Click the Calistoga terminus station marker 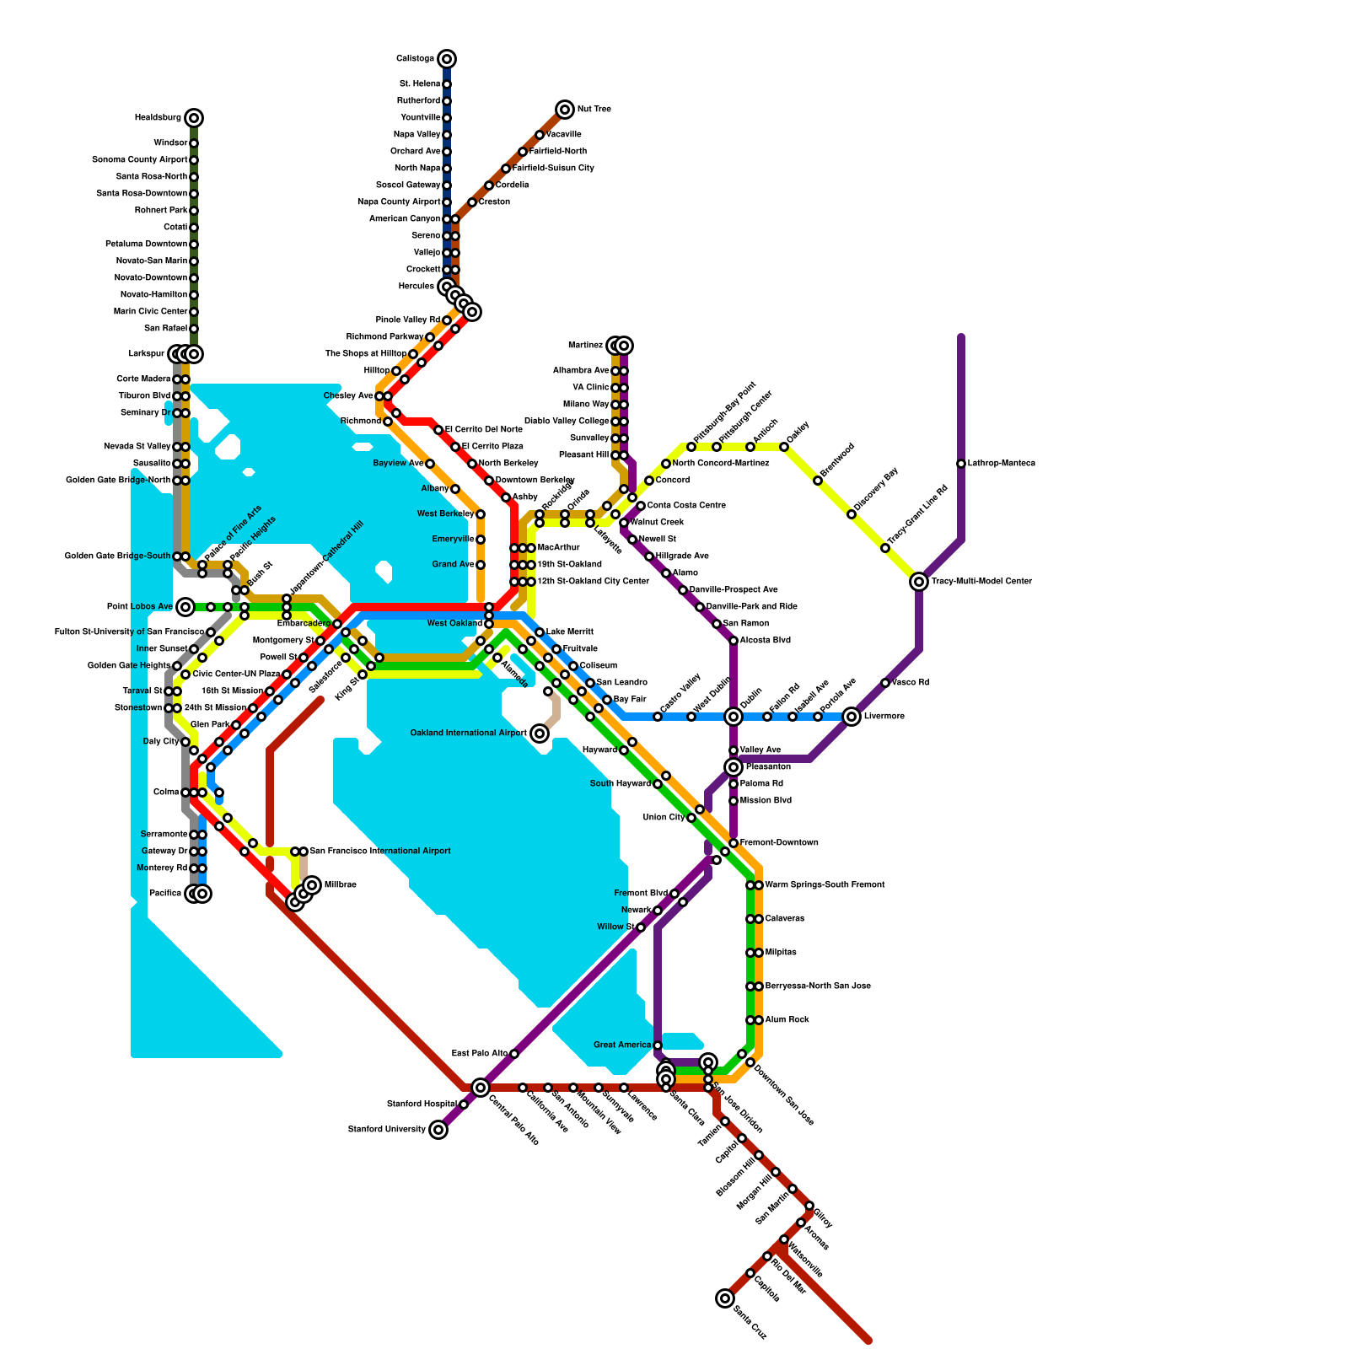pyautogui.click(x=447, y=59)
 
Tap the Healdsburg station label pyautogui.click(x=158, y=118)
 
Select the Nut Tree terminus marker pyautogui.click(x=565, y=110)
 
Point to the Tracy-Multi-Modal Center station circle pyautogui.click(x=919, y=582)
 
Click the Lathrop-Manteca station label pyautogui.click(x=1001, y=464)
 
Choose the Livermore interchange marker pyautogui.click(x=852, y=717)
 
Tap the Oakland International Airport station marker pyautogui.click(x=540, y=734)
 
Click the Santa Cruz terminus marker pyautogui.click(x=725, y=1298)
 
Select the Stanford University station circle pyautogui.click(x=438, y=1130)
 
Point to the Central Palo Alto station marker pyautogui.click(x=481, y=1088)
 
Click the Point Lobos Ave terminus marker pyautogui.click(x=185, y=607)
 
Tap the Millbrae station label pyautogui.click(x=340, y=885)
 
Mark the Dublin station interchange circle pyautogui.click(x=734, y=717)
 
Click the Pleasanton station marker pyautogui.click(x=734, y=767)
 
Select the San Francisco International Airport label pyautogui.click(x=380, y=852)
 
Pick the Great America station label pyautogui.click(x=622, y=1045)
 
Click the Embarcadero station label pyautogui.click(x=304, y=624)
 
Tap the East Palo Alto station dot pyautogui.click(x=514, y=1054)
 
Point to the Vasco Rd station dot pyautogui.click(x=885, y=683)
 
